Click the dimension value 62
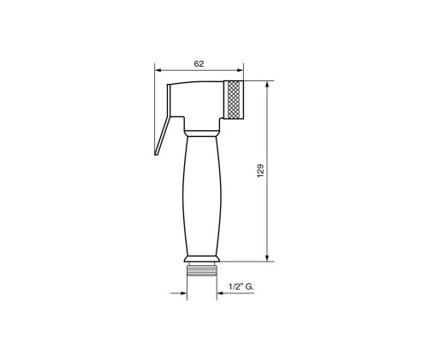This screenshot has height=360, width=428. [199, 64]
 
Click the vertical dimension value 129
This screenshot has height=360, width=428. [259, 170]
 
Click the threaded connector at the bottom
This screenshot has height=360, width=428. [203, 275]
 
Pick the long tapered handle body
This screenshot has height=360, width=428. [202, 197]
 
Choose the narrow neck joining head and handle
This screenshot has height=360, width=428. [203, 131]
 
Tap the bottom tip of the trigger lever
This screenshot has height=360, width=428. [156, 156]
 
